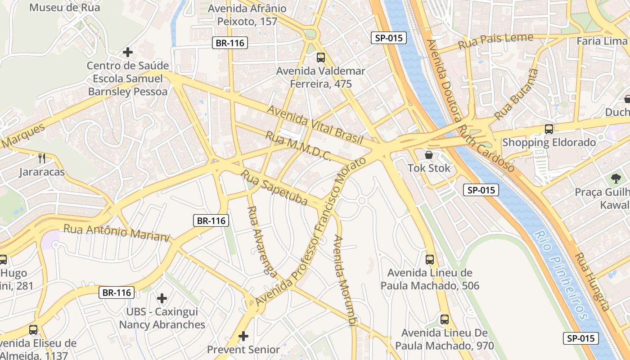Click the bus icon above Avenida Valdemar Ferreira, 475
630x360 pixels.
[x=320, y=58]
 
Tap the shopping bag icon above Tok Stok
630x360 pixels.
[x=429, y=155]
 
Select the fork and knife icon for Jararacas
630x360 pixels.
[x=42, y=158]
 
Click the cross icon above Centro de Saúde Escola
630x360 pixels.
[x=128, y=52]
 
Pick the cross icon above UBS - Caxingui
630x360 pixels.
[x=162, y=298]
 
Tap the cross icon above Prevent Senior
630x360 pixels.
[x=243, y=336]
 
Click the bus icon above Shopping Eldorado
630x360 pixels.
[x=549, y=129]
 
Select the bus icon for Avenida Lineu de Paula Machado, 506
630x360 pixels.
[x=430, y=260]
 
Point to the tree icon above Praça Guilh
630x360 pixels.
[x=616, y=179]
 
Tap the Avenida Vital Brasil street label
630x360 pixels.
[x=315, y=125]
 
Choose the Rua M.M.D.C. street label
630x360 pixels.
[x=298, y=146]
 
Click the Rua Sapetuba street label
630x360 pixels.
[x=274, y=187]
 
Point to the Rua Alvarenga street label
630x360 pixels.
[x=262, y=242]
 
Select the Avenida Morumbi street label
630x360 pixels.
[x=345, y=279]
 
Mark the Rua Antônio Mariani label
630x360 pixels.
[x=117, y=233]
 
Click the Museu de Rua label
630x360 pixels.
[x=64, y=8]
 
